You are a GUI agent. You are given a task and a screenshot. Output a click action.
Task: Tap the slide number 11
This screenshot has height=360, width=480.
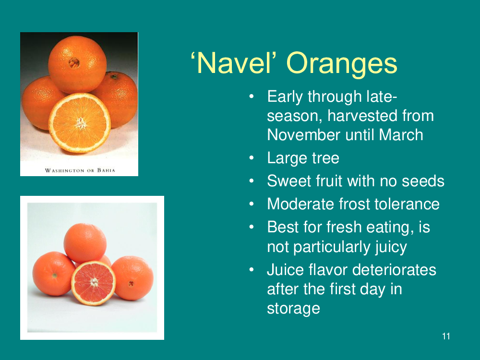(x=446, y=336)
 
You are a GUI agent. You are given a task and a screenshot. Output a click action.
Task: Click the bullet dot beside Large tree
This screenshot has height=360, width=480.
(x=252, y=158)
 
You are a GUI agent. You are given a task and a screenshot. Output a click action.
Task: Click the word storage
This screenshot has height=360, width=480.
(x=293, y=309)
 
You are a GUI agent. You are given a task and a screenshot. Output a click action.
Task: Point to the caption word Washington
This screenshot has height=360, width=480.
(x=64, y=170)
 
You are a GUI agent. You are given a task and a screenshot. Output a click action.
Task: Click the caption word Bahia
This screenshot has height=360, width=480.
(x=106, y=170)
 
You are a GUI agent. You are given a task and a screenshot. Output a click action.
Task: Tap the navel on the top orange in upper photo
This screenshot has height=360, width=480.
(x=74, y=63)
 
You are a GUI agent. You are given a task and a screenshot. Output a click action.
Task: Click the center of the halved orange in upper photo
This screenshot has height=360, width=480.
(x=81, y=123)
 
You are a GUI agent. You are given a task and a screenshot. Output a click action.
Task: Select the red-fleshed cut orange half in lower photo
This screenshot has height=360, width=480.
(x=94, y=283)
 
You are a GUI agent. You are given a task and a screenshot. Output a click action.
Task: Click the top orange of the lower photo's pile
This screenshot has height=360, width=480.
(x=85, y=243)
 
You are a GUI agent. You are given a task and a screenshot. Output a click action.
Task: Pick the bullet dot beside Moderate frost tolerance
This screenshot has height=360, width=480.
(x=252, y=204)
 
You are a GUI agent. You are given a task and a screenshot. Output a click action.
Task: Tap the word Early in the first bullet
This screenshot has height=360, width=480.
(x=285, y=97)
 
